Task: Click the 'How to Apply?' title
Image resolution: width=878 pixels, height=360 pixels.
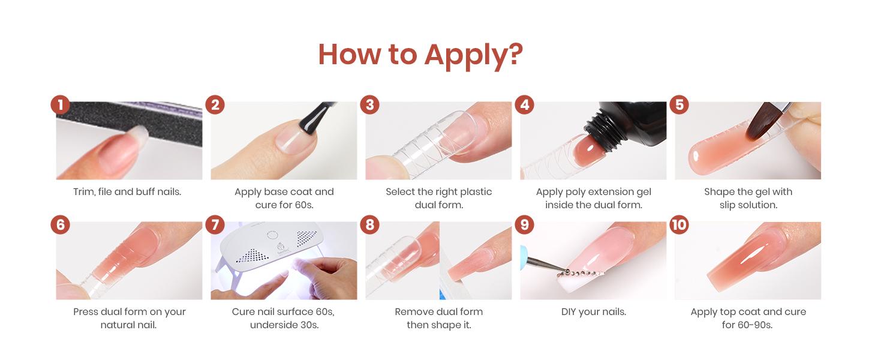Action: pyautogui.click(x=420, y=55)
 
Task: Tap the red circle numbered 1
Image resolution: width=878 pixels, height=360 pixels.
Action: pyautogui.click(x=60, y=105)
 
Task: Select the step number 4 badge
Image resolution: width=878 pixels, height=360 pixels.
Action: pyautogui.click(x=525, y=105)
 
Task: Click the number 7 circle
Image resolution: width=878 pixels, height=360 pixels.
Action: pyautogui.click(x=215, y=225)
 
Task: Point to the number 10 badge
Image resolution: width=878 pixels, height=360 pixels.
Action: pyautogui.click(x=679, y=225)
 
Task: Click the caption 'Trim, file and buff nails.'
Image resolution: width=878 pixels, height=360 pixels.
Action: pyautogui.click(x=127, y=192)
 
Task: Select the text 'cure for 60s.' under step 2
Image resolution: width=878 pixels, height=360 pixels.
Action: pyautogui.click(x=284, y=205)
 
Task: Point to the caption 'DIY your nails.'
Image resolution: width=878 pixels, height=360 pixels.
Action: pyautogui.click(x=593, y=312)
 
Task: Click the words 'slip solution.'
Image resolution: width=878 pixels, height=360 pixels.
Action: pyautogui.click(x=748, y=205)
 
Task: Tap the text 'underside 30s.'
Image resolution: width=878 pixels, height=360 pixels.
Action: pyautogui.click(x=284, y=325)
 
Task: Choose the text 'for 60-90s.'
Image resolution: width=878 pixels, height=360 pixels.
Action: pyautogui.click(x=748, y=325)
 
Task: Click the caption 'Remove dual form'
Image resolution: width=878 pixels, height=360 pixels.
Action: pyautogui.click(x=438, y=312)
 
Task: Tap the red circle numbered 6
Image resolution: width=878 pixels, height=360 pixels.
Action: pyautogui.click(x=60, y=225)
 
